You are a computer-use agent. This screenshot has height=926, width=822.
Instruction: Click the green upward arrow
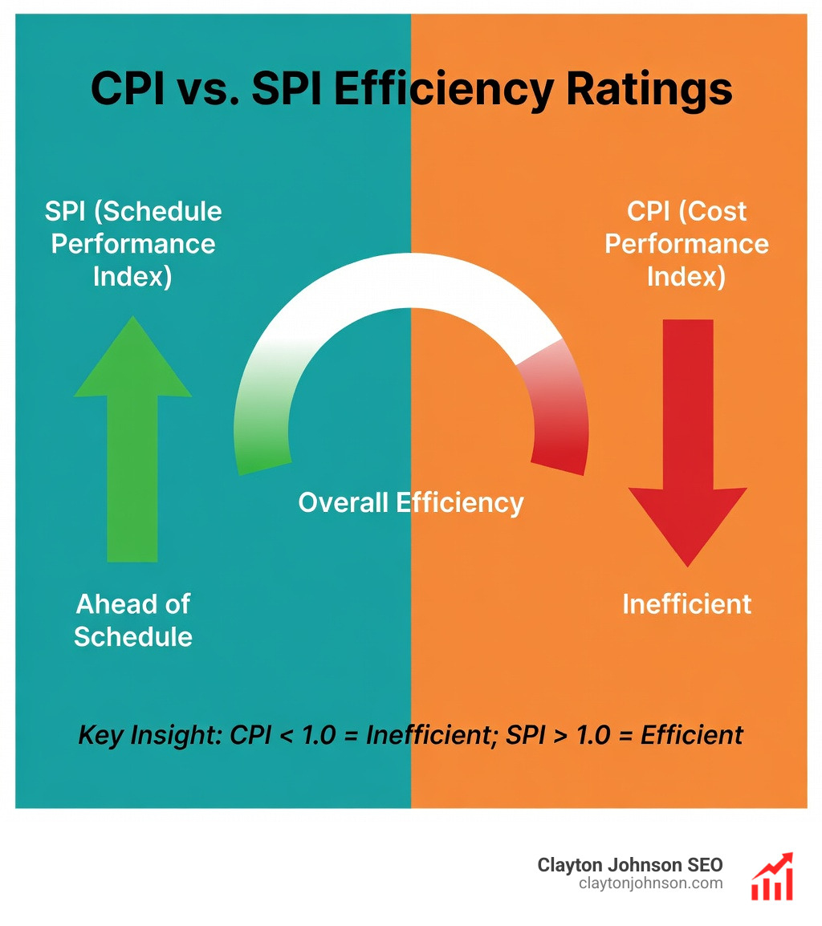(132, 449)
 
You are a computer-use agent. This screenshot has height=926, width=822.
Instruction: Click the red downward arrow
(687, 433)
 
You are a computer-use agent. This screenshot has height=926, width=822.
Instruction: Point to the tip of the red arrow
(687, 562)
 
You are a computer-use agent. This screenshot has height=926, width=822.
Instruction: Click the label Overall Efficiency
(411, 503)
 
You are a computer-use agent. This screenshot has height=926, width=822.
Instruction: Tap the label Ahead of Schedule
(133, 620)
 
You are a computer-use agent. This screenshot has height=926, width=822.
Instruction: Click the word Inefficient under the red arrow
(687, 604)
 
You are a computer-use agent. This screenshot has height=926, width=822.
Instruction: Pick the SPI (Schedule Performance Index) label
(133, 244)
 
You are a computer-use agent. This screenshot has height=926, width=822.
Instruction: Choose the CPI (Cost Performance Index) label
(687, 244)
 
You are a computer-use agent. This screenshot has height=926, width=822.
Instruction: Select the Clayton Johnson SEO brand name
(630, 865)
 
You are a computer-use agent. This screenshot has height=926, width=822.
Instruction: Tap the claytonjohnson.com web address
(650, 883)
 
